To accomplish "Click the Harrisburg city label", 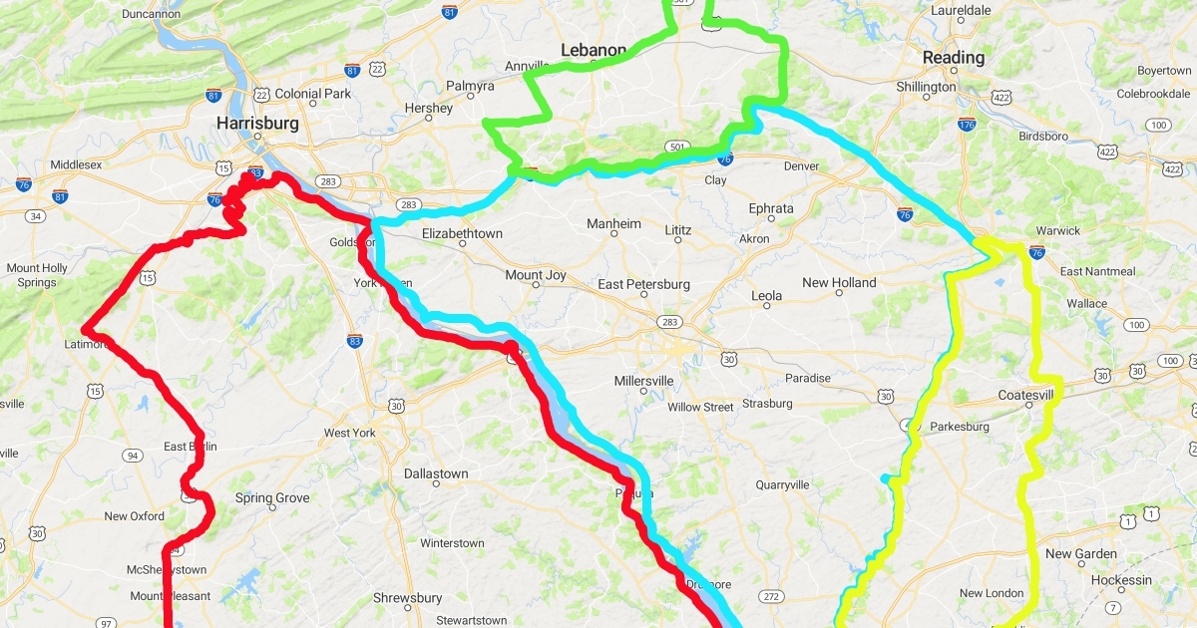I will (x=258, y=124).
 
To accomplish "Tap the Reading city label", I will (x=953, y=58).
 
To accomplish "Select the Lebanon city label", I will (x=594, y=50).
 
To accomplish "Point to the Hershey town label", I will (x=429, y=108).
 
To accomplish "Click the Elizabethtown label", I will (x=462, y=233).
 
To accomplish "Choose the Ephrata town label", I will (x=771, y=209).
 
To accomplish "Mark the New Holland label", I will (x=839, y=283).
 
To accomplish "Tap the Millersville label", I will (x=643, y=381).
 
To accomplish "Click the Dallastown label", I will (x=436, y=474).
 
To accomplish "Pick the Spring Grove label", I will (x=272, y=498).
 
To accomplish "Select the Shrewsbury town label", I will (x=407, y=598).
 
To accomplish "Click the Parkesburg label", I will (x=959, y=427).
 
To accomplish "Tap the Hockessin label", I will (x=1121, y=580).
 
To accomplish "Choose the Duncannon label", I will (x=152, y=15).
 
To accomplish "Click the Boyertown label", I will (x=1164, y=71).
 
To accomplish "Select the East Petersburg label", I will (x=643, y=285).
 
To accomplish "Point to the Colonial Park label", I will (x=313, y=94).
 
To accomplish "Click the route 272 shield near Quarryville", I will (x=769, y=596).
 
